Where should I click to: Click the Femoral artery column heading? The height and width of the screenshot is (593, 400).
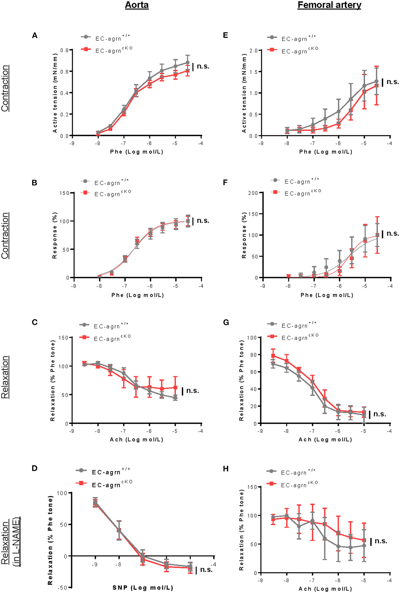coord(329,5)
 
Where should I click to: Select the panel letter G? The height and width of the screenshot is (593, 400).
coord(226,323)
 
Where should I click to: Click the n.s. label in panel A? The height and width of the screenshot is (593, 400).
coord(203,67)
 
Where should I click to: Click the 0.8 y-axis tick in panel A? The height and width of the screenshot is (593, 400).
coord(65,50)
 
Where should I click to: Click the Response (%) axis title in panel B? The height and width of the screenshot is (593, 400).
coord(55,235)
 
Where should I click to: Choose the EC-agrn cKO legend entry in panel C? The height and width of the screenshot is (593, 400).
coord(112,338)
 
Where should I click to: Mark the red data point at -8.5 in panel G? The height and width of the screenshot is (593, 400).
coord(273,356)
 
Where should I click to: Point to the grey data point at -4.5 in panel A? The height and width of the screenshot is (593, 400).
coord(188,62)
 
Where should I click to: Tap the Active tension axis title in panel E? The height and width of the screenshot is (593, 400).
coord(244,91)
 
